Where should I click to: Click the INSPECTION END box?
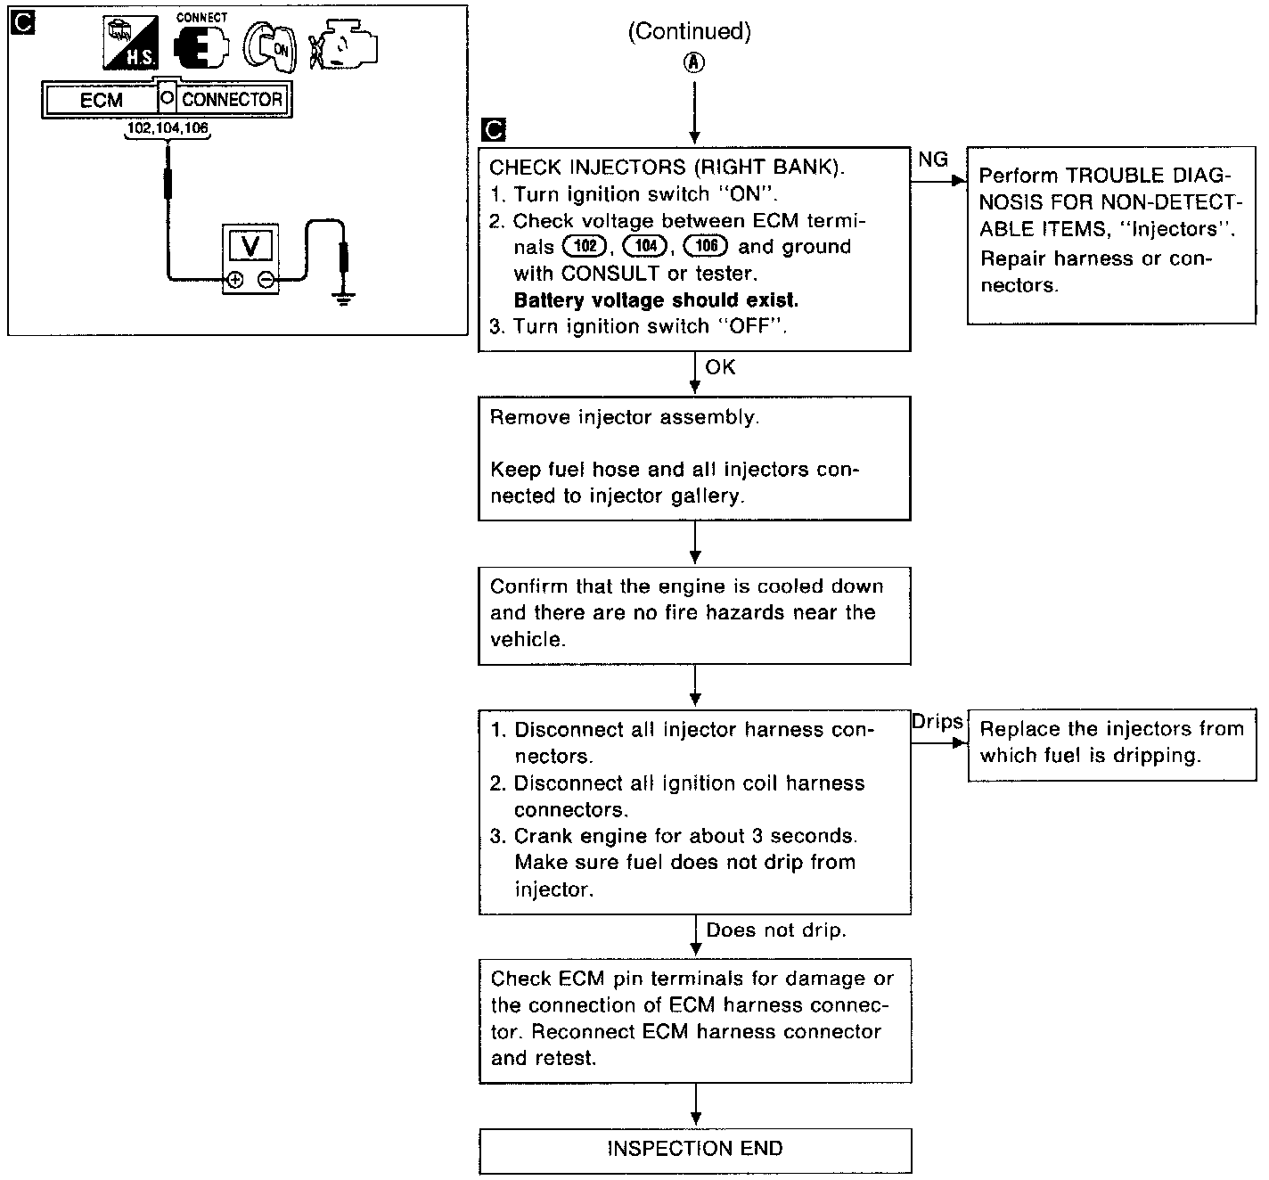coord(695,1150)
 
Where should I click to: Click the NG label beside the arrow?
coord(933,160)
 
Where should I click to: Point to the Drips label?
coord(937,722)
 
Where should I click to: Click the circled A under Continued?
coord(694,63)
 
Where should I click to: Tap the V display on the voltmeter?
coord(250,245)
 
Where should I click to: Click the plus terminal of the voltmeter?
coord(234,280)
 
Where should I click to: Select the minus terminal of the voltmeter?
coord(266,280)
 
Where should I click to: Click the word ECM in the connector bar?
coord(102,100)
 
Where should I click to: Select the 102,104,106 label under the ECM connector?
coord(168,128)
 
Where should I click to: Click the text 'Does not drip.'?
coord(775,930)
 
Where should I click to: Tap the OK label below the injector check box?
coord(720,367)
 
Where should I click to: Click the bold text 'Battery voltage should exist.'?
coord(656,299)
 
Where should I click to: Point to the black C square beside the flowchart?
coord(493,131)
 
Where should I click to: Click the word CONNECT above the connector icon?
coord(202,17)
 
